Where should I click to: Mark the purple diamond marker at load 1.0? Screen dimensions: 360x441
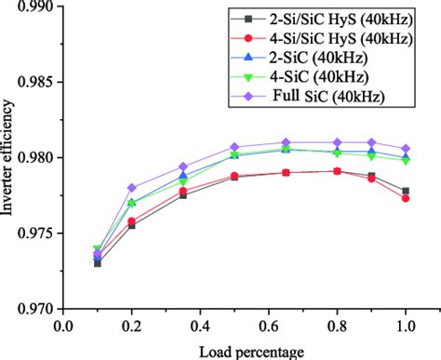coord(405,149)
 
